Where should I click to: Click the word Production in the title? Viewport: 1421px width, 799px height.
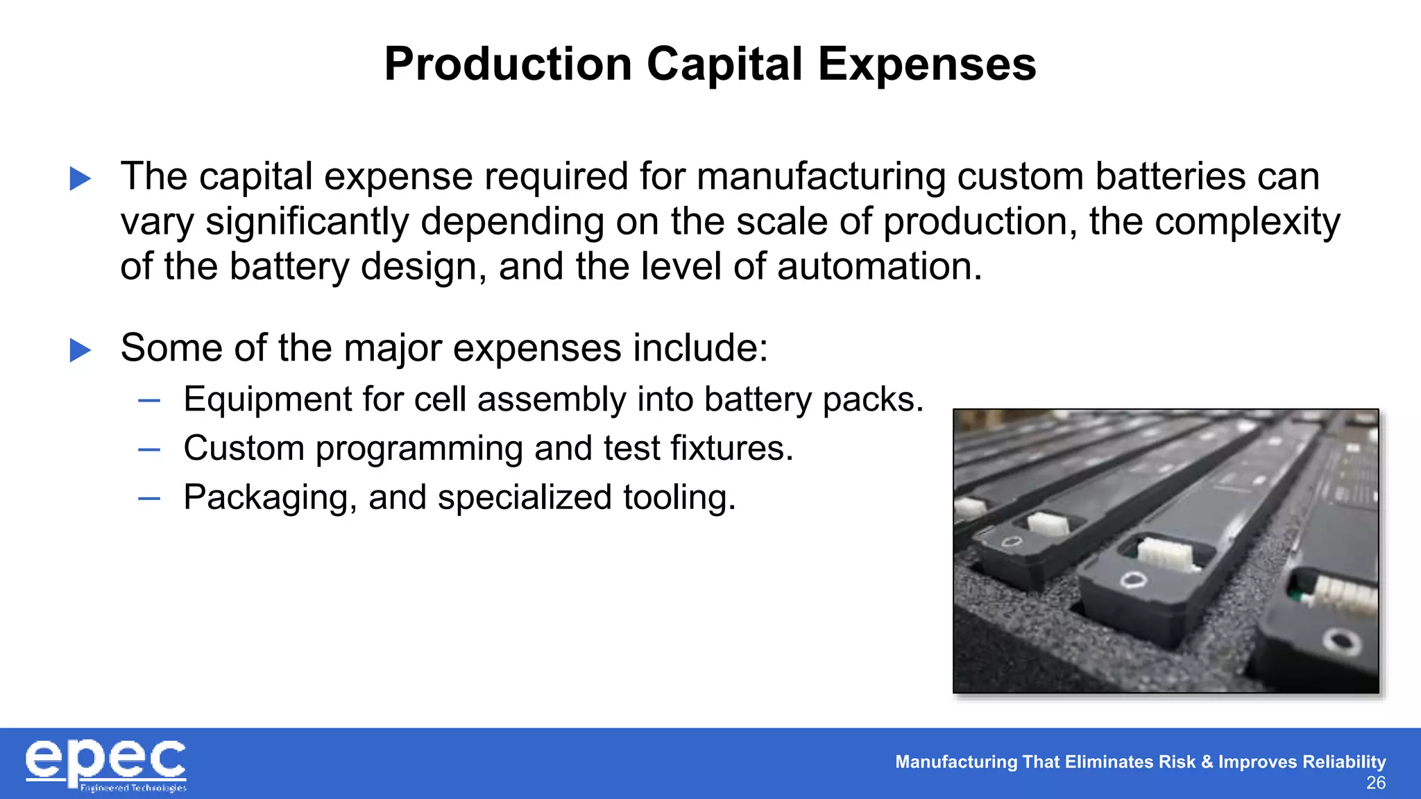pos(507,65)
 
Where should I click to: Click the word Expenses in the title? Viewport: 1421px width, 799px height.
pos(927,65)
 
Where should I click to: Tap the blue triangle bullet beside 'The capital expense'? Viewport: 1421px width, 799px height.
pos(80,179)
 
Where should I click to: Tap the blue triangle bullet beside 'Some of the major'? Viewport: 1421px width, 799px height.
pos(80,350)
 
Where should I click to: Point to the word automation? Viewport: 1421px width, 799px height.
pos(878,267)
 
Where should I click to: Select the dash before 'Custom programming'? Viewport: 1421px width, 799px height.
pos(149,449)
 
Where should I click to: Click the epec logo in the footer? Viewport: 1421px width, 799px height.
pos(105,764)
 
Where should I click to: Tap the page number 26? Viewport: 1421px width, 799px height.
pos(1375,783)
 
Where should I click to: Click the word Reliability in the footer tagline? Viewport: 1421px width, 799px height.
pos(1344,762)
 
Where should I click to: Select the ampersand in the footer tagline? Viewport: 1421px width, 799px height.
pos(1207,762)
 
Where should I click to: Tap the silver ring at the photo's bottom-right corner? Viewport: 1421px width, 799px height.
pos(1341,642)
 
